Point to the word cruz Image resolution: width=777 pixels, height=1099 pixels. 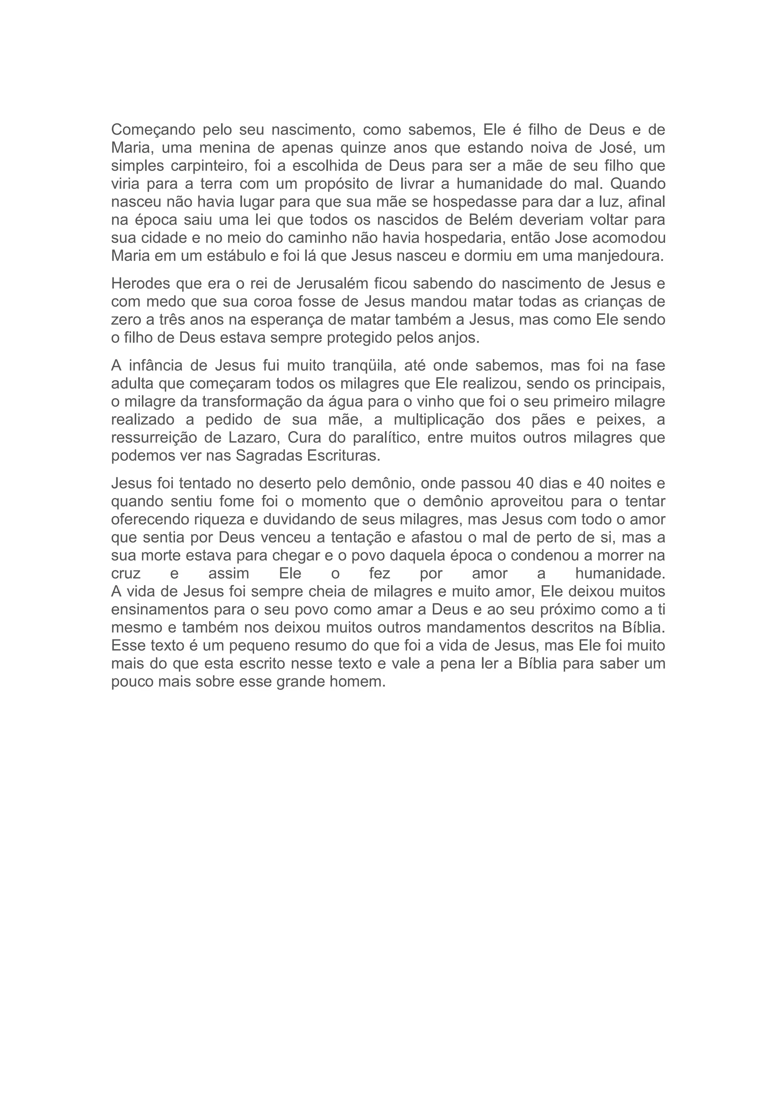(x=126, y=573)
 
